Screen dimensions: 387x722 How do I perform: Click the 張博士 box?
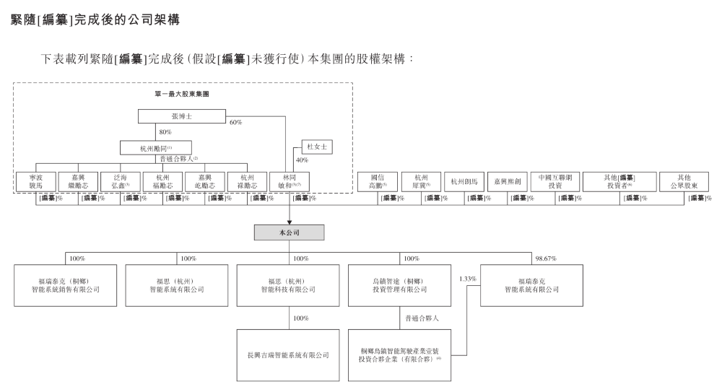click(x=180, y=116)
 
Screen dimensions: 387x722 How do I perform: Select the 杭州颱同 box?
click(x=160, y=148)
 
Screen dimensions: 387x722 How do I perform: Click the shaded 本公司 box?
click(x=289, y=232)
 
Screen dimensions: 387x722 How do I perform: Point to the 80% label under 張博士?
click(x=165, y=132)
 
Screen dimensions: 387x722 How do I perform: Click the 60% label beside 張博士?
click(x=235, y=122)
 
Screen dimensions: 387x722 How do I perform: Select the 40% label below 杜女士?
click(x=302, y=160)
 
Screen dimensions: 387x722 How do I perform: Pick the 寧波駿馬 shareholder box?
click(x=35, y=181)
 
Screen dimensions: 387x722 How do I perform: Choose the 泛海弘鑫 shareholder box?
click(x=120, y=181)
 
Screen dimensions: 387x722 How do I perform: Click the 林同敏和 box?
click(x=289, y=181)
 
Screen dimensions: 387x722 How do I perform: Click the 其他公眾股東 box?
click(x=684, y=181)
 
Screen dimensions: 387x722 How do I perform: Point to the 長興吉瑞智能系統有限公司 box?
click(x=289, y=355)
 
